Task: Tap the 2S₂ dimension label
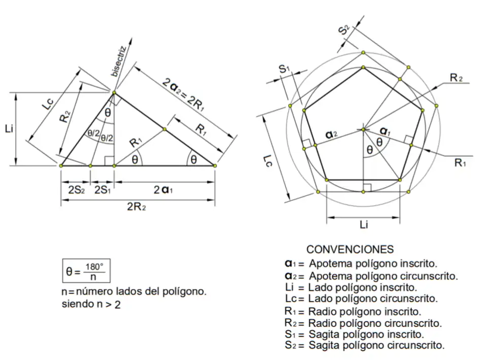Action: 75,189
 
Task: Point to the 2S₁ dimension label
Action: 102,189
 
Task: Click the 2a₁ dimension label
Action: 164,189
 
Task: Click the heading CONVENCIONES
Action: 350,249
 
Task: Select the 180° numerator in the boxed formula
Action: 94,267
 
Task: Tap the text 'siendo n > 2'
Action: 91,305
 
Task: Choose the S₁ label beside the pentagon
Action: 284,69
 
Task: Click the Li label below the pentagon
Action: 363,225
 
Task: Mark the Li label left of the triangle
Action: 9,129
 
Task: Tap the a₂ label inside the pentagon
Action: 331,135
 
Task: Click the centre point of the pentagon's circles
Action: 363,129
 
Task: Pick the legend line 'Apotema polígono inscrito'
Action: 373,264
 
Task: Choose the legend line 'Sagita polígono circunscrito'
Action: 376,346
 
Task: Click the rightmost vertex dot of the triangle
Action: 215,166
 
